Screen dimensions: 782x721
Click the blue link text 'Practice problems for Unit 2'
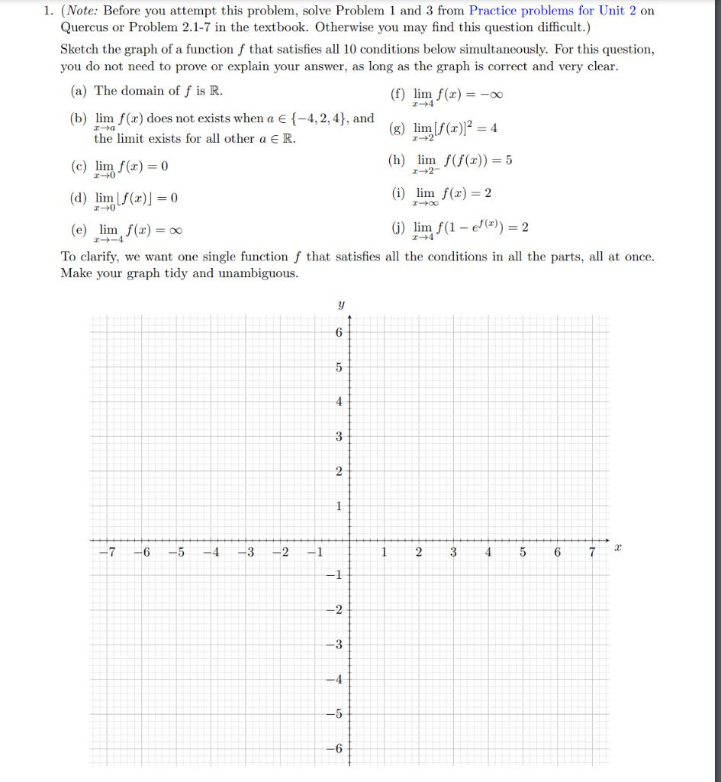coord(548,11)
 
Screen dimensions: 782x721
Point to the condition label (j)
coord(398,228)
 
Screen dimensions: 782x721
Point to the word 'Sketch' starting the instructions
coord(80,50)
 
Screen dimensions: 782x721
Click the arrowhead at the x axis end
coord(607,540)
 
